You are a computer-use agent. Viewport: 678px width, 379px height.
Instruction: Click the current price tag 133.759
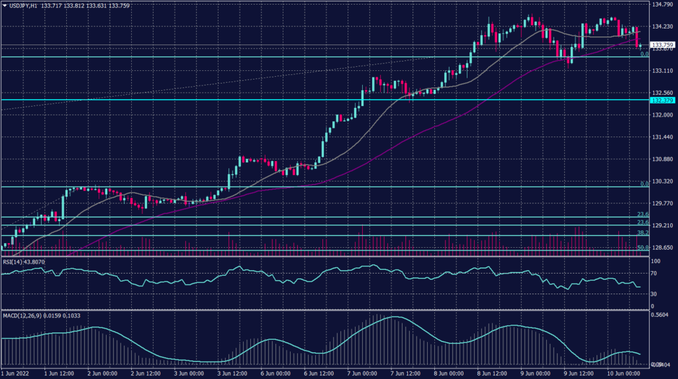(x=663, y=45)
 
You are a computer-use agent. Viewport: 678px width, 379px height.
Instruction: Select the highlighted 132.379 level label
(x=663, y=100)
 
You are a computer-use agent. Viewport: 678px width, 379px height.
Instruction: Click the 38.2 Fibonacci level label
(x=642, y=233)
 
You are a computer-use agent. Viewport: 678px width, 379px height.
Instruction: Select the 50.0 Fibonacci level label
(x=642, y=247)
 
